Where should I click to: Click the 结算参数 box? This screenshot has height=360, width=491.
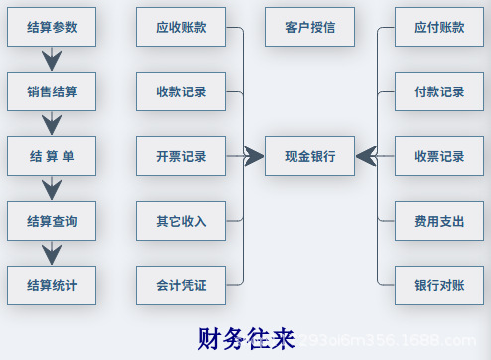tap(52, 27)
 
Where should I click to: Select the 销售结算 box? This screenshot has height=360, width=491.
tap(52, 91)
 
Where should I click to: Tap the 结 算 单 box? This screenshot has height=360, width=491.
tap(52, 156)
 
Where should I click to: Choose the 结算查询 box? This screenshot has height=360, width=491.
tap(52, 221)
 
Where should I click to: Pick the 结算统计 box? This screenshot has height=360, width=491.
tap(52, 285)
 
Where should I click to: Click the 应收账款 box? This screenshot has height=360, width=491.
tap(181, 27)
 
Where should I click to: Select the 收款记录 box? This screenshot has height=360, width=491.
tap(181, 91)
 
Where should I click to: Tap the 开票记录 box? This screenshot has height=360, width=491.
tap(181, 156)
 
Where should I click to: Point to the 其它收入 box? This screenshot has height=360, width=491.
tap(181, 221)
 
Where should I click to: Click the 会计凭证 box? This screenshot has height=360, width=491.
tap(181, 285)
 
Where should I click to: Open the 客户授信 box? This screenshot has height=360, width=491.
tap(310, 27)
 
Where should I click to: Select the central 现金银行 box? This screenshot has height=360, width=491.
tap(310, 156)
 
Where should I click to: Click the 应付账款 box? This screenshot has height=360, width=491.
tap(439, 27)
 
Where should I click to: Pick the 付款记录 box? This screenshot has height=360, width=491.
tap(439, 91)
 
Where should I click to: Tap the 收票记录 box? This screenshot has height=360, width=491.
tap(439, 156)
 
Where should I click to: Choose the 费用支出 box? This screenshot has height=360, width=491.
tap(439, 221)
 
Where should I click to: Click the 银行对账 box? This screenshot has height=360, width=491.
tap(439, 285)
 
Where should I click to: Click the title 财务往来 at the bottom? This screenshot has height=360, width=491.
tap(246, 339)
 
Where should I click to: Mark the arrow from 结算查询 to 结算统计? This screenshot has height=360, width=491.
tap(52, 254)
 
